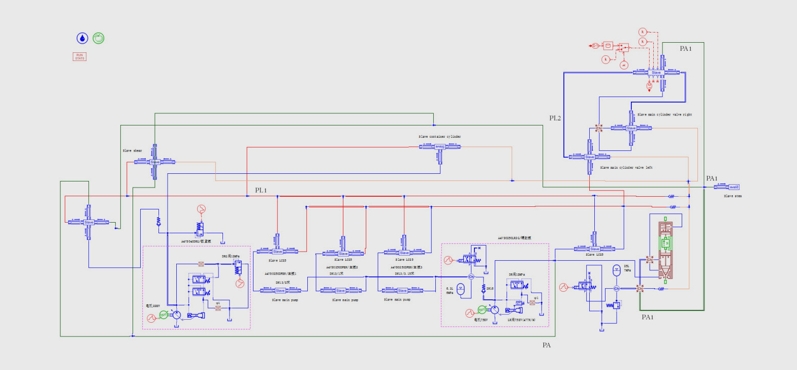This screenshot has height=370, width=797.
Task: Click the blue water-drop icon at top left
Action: click(82, 38)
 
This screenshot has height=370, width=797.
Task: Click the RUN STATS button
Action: click(79, 56)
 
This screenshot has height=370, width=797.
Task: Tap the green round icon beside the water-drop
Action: click(99, 38)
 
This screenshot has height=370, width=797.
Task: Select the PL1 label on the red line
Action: click(261, 190)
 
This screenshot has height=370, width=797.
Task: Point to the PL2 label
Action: click(555, 118)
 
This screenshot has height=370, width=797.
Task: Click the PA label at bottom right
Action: click(546, 345)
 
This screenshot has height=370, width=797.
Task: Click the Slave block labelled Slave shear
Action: click(155, 162)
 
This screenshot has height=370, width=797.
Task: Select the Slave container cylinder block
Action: click(440, 147)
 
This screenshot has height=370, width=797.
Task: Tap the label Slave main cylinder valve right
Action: click(664, 115)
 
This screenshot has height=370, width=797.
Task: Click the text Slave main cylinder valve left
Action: click(626, 168)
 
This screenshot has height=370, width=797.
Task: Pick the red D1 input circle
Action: click(594, 46)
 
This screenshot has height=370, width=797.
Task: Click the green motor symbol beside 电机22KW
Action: click(164, 315)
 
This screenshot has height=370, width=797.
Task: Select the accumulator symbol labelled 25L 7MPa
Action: click(616, 270)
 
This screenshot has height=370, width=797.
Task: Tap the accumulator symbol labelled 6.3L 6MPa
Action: click(461, 289)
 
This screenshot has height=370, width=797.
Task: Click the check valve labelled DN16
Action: click(484, 288)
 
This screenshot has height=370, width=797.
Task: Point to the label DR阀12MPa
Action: click(517, 274)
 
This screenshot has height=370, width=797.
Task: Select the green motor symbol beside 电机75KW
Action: click(482, 310)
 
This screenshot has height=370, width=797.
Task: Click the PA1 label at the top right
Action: click(686, 49)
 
